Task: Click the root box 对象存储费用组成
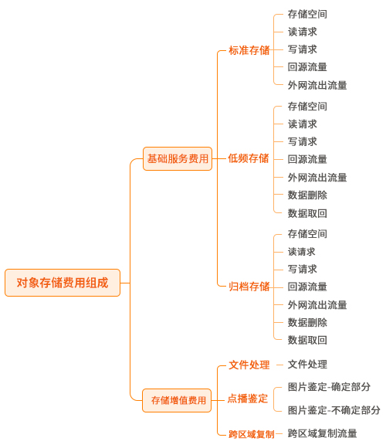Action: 63,283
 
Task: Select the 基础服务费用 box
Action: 178,158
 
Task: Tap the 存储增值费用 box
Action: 177,400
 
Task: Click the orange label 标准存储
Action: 249,50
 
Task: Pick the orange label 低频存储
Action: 249,158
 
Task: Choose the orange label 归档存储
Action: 249,287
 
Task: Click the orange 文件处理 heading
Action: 249,365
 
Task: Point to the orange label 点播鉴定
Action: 248,399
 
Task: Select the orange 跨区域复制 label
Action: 252,434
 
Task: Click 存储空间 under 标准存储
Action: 307,14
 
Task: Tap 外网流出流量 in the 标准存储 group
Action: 317,85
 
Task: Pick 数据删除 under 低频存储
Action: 307,195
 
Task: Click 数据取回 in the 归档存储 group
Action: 307,340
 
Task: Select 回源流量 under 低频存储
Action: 307,159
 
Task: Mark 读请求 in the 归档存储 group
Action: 302,252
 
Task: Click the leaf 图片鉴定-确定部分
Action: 329,387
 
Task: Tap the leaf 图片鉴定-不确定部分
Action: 334,410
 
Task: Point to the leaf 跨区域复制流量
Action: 323,433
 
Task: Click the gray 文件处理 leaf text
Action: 307,365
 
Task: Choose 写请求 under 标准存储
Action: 303,49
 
